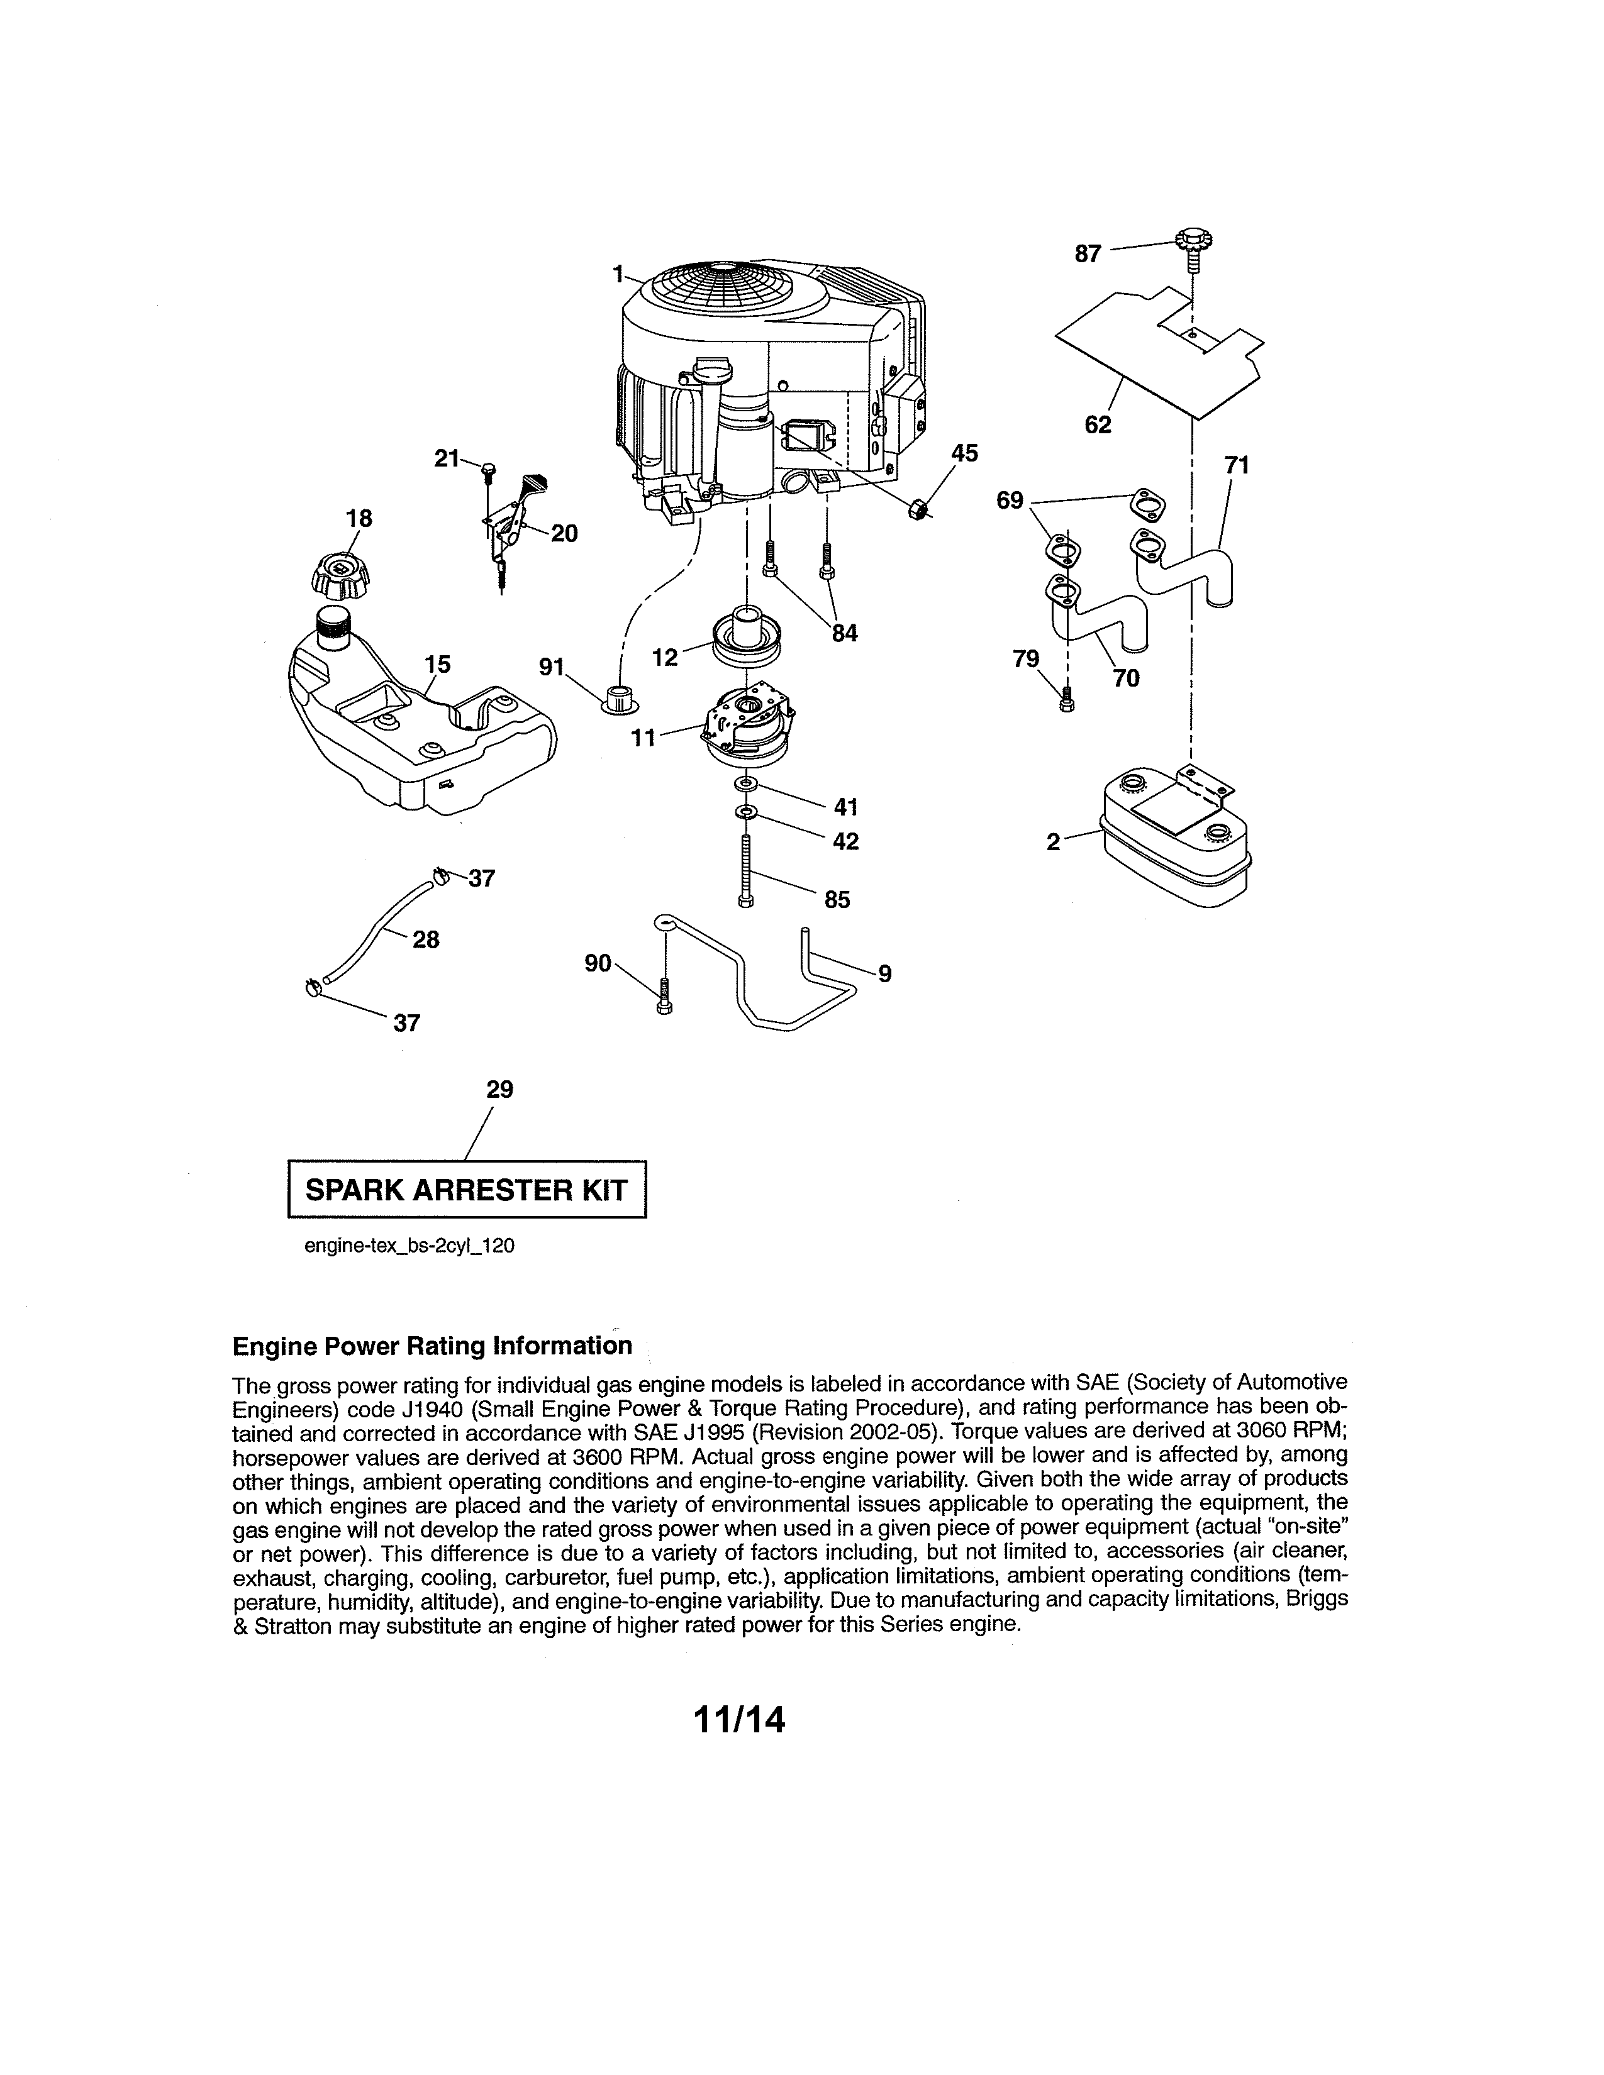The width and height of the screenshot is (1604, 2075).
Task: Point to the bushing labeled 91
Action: [620, 697]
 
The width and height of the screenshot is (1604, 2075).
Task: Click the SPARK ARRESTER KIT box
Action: [467, 1190]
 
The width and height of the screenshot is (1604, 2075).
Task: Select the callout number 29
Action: [500, 1090]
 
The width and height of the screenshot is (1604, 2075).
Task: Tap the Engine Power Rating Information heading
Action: [432, 1346]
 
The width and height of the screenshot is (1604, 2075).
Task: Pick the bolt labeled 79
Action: [1066, 701]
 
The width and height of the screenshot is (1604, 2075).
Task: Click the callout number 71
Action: [1236, 465]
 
